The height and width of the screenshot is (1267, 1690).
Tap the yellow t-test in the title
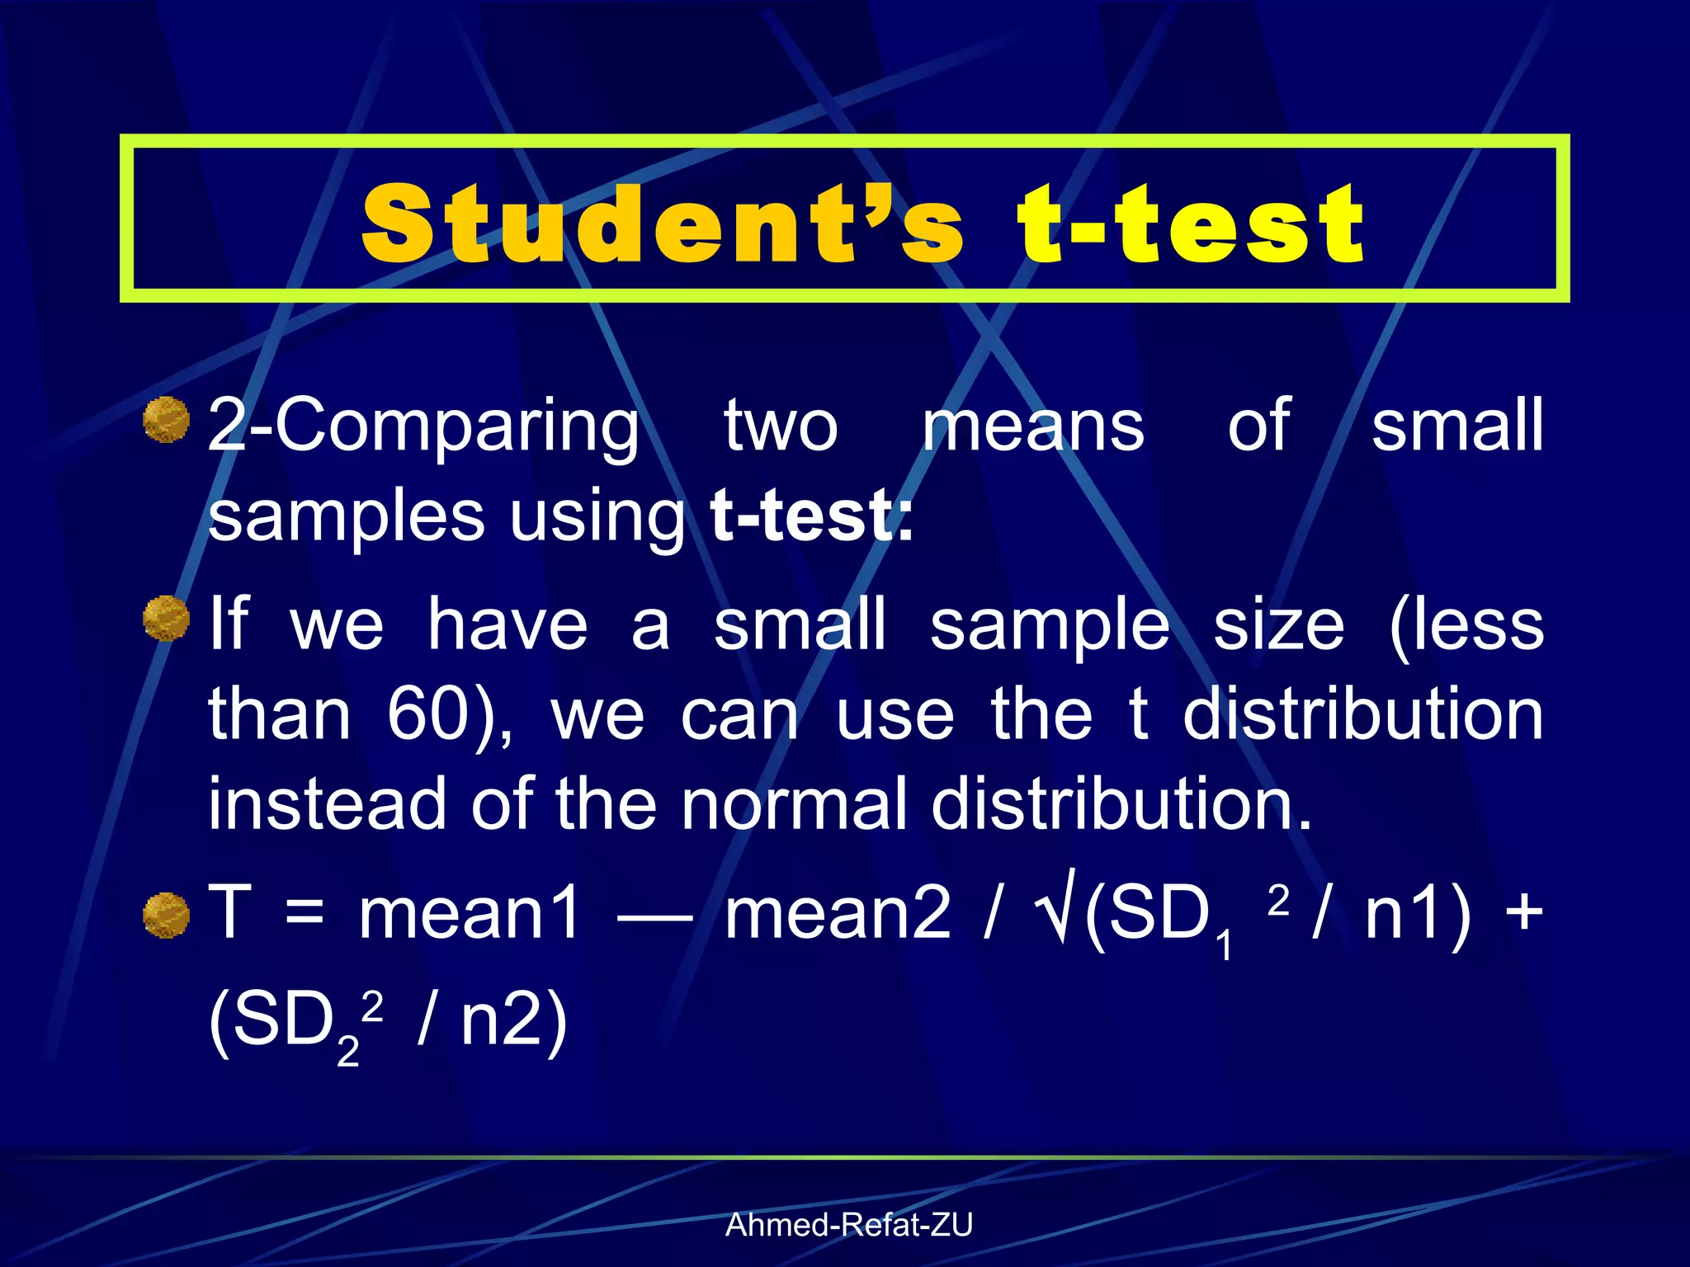1190,223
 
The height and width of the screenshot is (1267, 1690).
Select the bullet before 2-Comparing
167,420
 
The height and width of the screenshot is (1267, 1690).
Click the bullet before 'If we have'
167,618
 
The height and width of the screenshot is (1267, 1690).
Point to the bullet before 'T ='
167,915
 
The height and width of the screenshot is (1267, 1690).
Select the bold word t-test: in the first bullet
811,516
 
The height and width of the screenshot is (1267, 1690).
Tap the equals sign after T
304,915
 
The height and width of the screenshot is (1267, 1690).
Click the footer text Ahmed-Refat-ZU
848,1225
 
